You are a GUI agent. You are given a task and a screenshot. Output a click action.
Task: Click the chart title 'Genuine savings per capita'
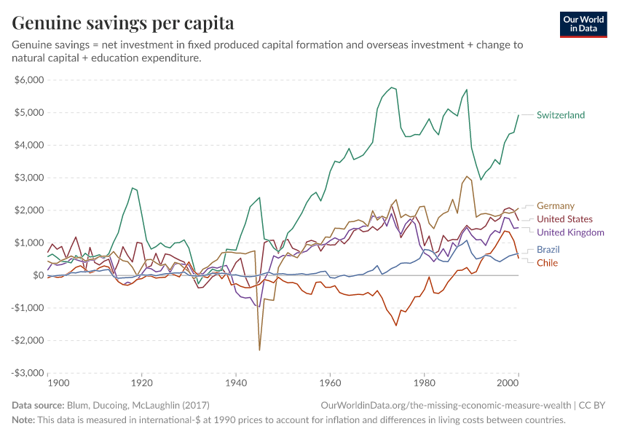[122, 23]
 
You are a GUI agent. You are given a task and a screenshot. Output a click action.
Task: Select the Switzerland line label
[560, 115]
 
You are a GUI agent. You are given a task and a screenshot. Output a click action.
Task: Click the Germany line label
[555, 206]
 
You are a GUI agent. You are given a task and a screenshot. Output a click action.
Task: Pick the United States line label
[564, 219]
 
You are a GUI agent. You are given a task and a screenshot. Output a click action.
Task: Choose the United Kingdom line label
[570, 232]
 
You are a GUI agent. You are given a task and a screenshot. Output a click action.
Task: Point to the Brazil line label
[548, 250]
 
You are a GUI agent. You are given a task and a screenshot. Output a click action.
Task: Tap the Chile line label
[547, 263]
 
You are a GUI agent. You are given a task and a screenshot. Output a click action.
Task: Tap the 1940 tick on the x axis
[236, 382]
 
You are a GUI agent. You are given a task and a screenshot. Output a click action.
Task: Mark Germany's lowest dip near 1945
[259, 350]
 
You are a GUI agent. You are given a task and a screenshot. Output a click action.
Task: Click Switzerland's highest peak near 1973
[392, 87]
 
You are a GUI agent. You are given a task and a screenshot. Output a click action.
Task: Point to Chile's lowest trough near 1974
[396, 325]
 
